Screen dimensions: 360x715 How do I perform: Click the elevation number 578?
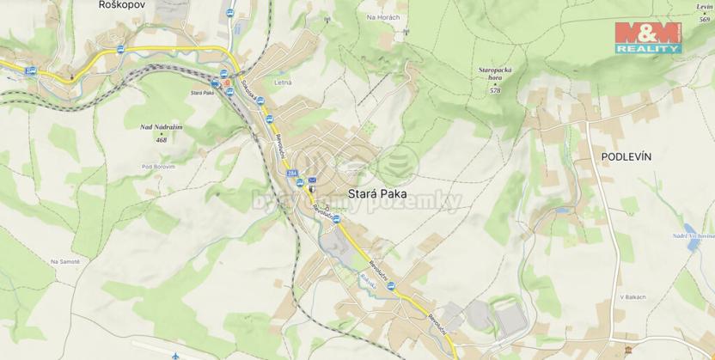point(495,89)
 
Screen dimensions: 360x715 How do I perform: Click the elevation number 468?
point(161,137)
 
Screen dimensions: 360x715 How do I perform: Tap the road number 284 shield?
point(295,174)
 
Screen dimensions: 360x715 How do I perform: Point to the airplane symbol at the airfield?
point(174,354)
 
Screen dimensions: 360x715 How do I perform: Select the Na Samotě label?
point(65,261)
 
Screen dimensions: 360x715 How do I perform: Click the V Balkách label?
point(632,296)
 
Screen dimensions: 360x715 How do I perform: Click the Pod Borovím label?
point(159,166)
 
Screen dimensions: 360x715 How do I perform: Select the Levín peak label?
point(705,7)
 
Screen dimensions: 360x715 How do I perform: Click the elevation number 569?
point(706,18)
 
